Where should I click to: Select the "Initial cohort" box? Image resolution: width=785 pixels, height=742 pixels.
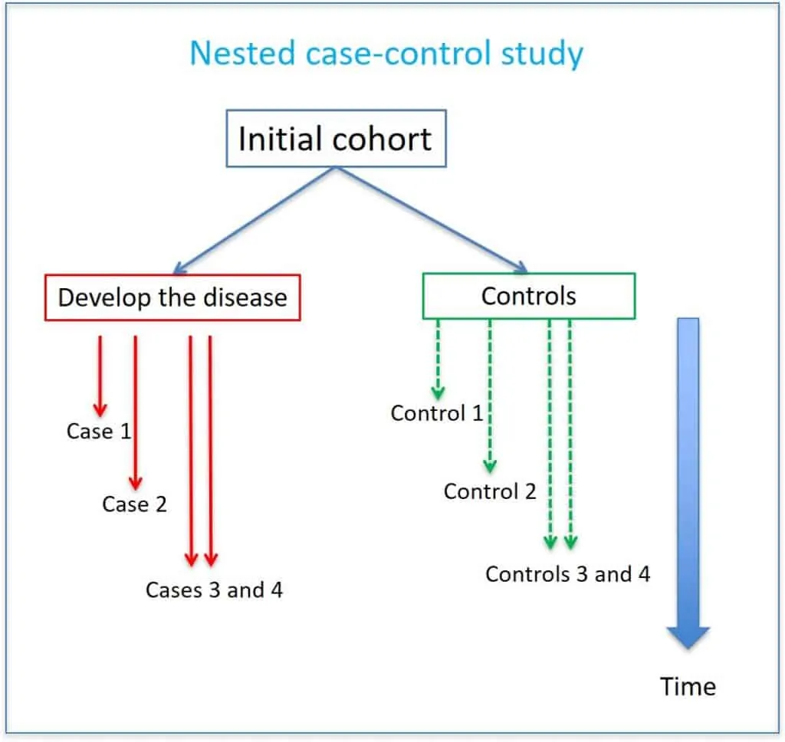(x=336, y=140)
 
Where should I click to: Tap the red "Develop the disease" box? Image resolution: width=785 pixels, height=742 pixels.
(x=172, y=297)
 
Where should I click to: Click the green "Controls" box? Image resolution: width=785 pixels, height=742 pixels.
(x=528, y=295)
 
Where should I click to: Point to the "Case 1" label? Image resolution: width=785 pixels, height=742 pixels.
(x=99, y=432)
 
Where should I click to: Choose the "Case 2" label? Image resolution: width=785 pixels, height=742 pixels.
(x=134, y=504)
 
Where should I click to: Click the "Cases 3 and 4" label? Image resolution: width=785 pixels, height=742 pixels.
(x=214, y=590)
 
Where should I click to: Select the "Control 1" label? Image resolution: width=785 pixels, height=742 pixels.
(x=437, y=413)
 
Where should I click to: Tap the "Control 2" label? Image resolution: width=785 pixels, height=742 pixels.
(x=490, y=491)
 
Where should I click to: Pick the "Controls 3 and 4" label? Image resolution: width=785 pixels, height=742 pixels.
(x=567, y=574)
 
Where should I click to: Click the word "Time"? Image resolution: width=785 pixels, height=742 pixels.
(x=688, y=686)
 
